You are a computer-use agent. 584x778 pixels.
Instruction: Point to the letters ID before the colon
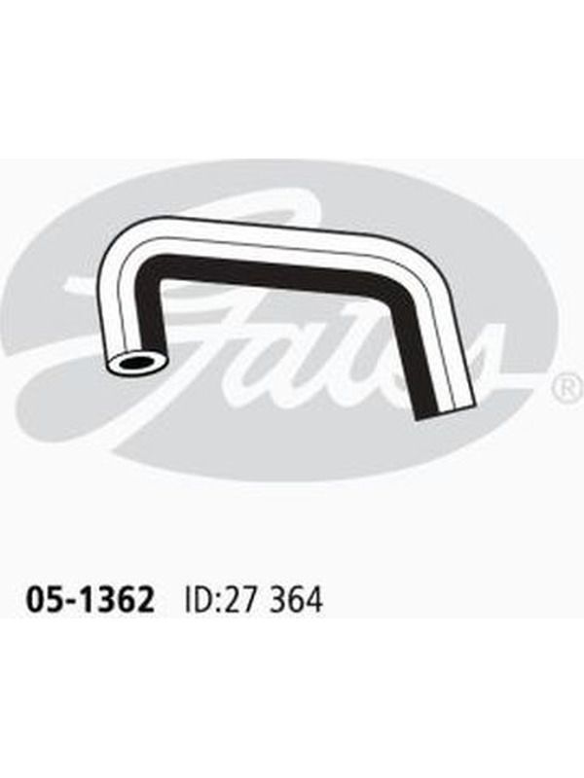[x=198, y=600]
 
